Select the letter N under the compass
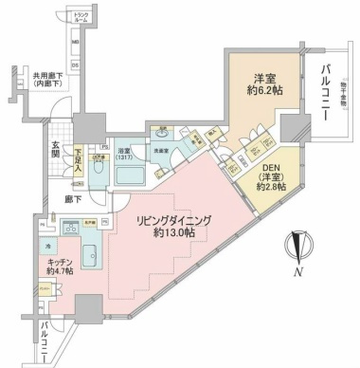tap(297, 274)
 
